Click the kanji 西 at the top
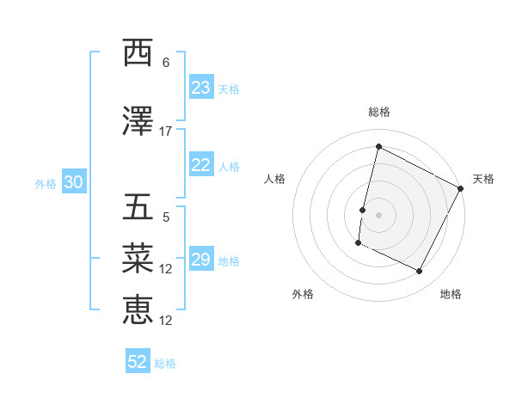[138, 53]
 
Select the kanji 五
[138, 208]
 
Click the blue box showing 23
[200, 88]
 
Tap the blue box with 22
[200, 166]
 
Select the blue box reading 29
[200, 260]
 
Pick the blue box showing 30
[73, 183]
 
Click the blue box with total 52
[138, 363]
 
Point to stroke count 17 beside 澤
[166, 132]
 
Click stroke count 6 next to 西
[166, 63]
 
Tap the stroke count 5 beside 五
[166, 217]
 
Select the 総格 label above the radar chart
[378, 112]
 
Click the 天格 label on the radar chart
[483, 179]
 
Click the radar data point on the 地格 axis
[420, 272]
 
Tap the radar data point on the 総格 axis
[378, 147]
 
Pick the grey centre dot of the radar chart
[378, 215]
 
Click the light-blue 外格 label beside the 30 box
[46, 184]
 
